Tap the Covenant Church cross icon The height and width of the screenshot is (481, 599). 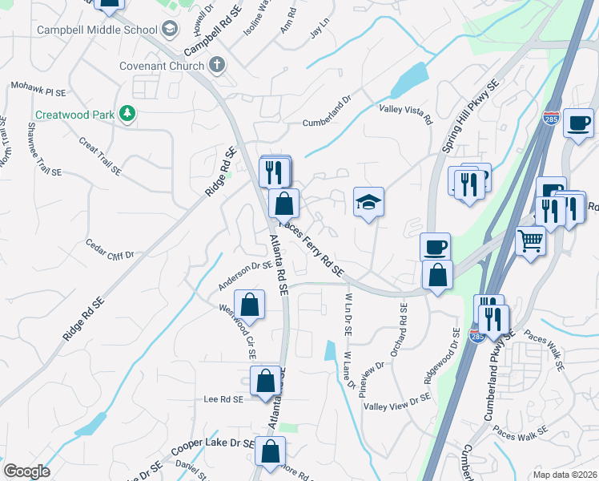[x=216, y=65]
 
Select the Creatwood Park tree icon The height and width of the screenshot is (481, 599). [x=126, y=115]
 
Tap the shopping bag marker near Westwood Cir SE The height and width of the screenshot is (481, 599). [x=250, y=305]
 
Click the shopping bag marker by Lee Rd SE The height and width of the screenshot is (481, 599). [x=265, y=381]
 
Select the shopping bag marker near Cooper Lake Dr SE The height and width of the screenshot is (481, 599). [x=270, y=451]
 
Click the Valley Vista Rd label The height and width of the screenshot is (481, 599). [x=405, y=114]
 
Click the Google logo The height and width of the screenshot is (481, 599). [x=27, y=471]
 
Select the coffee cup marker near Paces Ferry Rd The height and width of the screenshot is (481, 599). [x=435, y=247]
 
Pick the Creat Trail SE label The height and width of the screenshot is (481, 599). [x=100, y=156]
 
